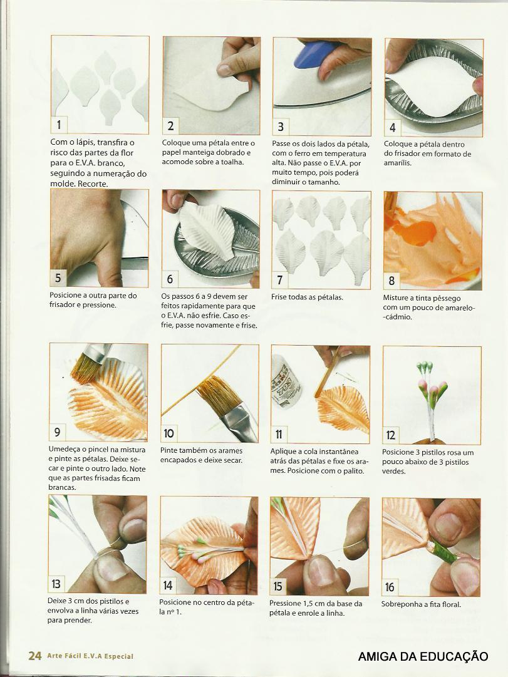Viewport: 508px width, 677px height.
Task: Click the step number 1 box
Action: click(x=59, y=125)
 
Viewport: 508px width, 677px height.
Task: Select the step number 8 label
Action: click(x=391, y=281)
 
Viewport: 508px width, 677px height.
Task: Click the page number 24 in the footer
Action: click(x=35, y=656)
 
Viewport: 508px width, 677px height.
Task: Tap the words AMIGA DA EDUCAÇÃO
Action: click(x=423, y=656)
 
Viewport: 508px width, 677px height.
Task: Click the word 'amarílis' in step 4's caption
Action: click(x=397, y=163)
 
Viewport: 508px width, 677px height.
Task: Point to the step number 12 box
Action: click(x=390, y=435)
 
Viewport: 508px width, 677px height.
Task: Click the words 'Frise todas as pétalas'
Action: click(x=307, y=297)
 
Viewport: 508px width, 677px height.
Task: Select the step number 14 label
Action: click(x=168, y=586)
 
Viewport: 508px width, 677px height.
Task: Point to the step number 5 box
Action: click(x=58, y=279)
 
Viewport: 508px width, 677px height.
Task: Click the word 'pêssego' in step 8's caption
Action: click(x=447, y=298)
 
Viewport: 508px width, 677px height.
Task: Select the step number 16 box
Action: click(x=390, y=587)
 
